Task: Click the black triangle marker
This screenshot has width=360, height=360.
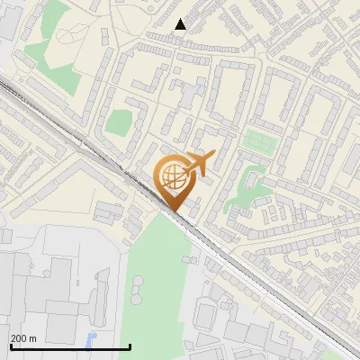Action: tap(180, 24)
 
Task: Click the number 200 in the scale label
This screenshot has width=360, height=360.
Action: tap(20, 338)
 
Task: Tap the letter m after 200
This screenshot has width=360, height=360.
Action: tap(34, 338)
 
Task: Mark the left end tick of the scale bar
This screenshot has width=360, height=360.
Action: tap(10, 346)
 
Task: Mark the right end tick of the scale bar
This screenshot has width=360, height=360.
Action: tap(130, 346)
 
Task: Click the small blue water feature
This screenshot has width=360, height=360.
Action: tap(90, 340)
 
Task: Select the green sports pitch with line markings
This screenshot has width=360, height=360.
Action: tap(257, 141)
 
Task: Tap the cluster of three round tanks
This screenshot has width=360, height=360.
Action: tap(138, 286)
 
